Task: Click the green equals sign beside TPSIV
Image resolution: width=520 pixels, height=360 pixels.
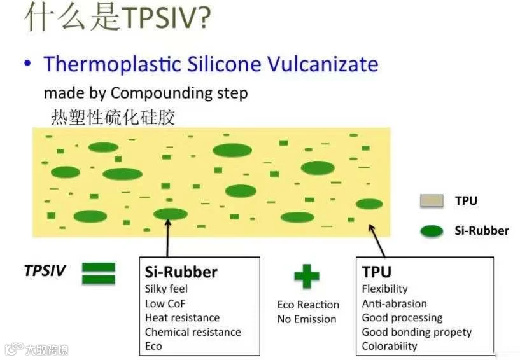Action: tap(98, 273)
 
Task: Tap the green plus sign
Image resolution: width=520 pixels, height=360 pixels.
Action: tap(307, 277)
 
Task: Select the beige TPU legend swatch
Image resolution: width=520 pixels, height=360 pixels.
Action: tap(432, 202)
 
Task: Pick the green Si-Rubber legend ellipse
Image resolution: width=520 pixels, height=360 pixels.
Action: tap(432, 231)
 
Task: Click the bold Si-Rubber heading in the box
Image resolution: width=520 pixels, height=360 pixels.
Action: tap(181, 272)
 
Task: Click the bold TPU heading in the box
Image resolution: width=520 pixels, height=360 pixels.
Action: tap(376, 272)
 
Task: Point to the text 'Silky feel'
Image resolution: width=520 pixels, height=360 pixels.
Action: tap(166, 289)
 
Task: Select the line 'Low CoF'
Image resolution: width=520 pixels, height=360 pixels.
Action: tap(165, 303)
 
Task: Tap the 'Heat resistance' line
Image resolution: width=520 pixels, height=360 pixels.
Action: tap(182, 318)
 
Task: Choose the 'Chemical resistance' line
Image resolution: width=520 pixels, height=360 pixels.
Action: tap(193, 332)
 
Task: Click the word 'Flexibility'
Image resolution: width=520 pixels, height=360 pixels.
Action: tap(384, 289)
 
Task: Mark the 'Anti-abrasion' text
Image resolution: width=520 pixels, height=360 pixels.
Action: tap(394, 304)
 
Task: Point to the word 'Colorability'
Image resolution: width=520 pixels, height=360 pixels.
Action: tap(390, 347)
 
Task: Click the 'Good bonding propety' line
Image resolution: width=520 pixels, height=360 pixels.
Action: tap(416, 332)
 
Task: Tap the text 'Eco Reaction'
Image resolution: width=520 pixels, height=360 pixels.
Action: tap(308, 305)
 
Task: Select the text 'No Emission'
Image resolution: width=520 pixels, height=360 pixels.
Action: tap(306, 319)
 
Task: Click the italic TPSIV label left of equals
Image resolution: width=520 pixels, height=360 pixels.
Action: tap(45, 270)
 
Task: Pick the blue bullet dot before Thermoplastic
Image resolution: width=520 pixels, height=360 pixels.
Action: tap(27, 64)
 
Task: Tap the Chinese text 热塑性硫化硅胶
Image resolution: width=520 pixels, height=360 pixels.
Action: tap(112, 117)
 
